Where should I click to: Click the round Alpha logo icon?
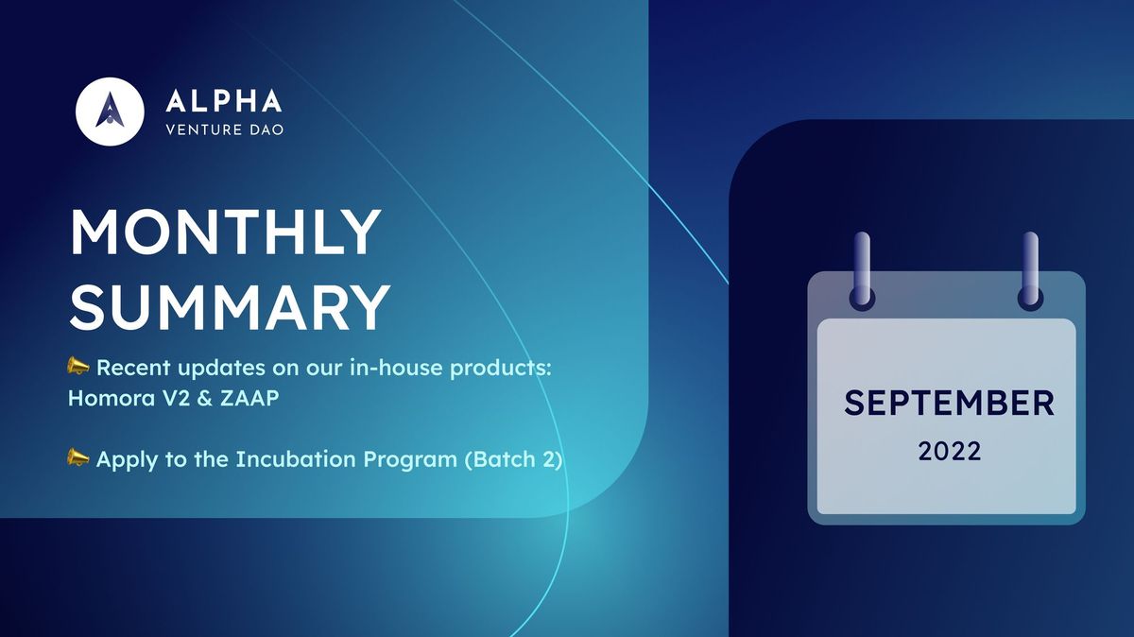pos(109,111)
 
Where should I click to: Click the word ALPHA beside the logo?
pos(223,101)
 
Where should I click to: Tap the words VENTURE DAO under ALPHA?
pos(224,129)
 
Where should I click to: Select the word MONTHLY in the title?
pos(225,233)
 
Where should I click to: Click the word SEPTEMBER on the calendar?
pos(949,404)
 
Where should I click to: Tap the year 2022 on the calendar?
pos(949,452)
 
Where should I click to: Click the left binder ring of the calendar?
pos(862,269)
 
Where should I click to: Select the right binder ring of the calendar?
pos(1030,269)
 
